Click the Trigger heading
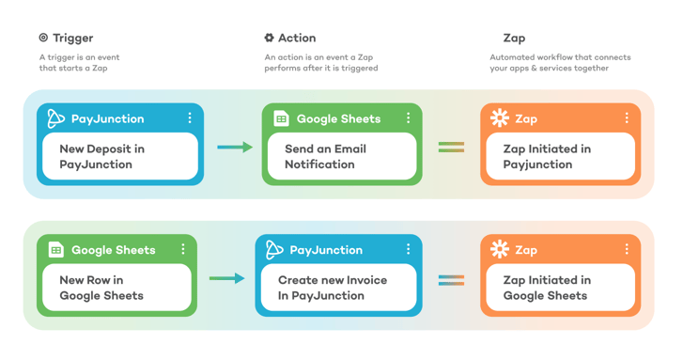pyautogui.click(x=72, y=38)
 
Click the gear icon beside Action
pyautogui.click(x=269, y=38)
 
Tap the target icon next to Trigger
pyautogui.click(x=43, y=38)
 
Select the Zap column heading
pyautogui.click(x=514, y=38)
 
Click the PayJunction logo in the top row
pyautogui.click(x=55, y=118)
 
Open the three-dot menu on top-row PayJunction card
pyautogui.click(x=190, y=118)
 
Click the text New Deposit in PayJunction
pyautogui.click(x=101, y=156)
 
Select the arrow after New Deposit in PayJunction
pyautogui.click(x=235, y=147)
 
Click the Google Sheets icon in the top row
pyautogui.click(x=281, y=118)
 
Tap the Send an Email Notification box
pyautogui.click(x=338, y=156)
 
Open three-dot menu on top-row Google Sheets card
pyautogui.click(x=408, y=118)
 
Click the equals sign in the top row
pyautogui.click(x=451, y=147)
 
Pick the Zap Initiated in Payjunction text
pyautogui.click(x=547, y=156)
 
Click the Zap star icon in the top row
pyautogui.click(x=500, y=118)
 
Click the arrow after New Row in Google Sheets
pyautogui.click(x=226, y=278)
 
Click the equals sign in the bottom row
pyautogui.click(x=451, y=280)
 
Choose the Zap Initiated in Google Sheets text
pyautogui.click(x=547, y=288)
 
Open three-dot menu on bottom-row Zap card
pyautogui.click(x=627, y=250)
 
